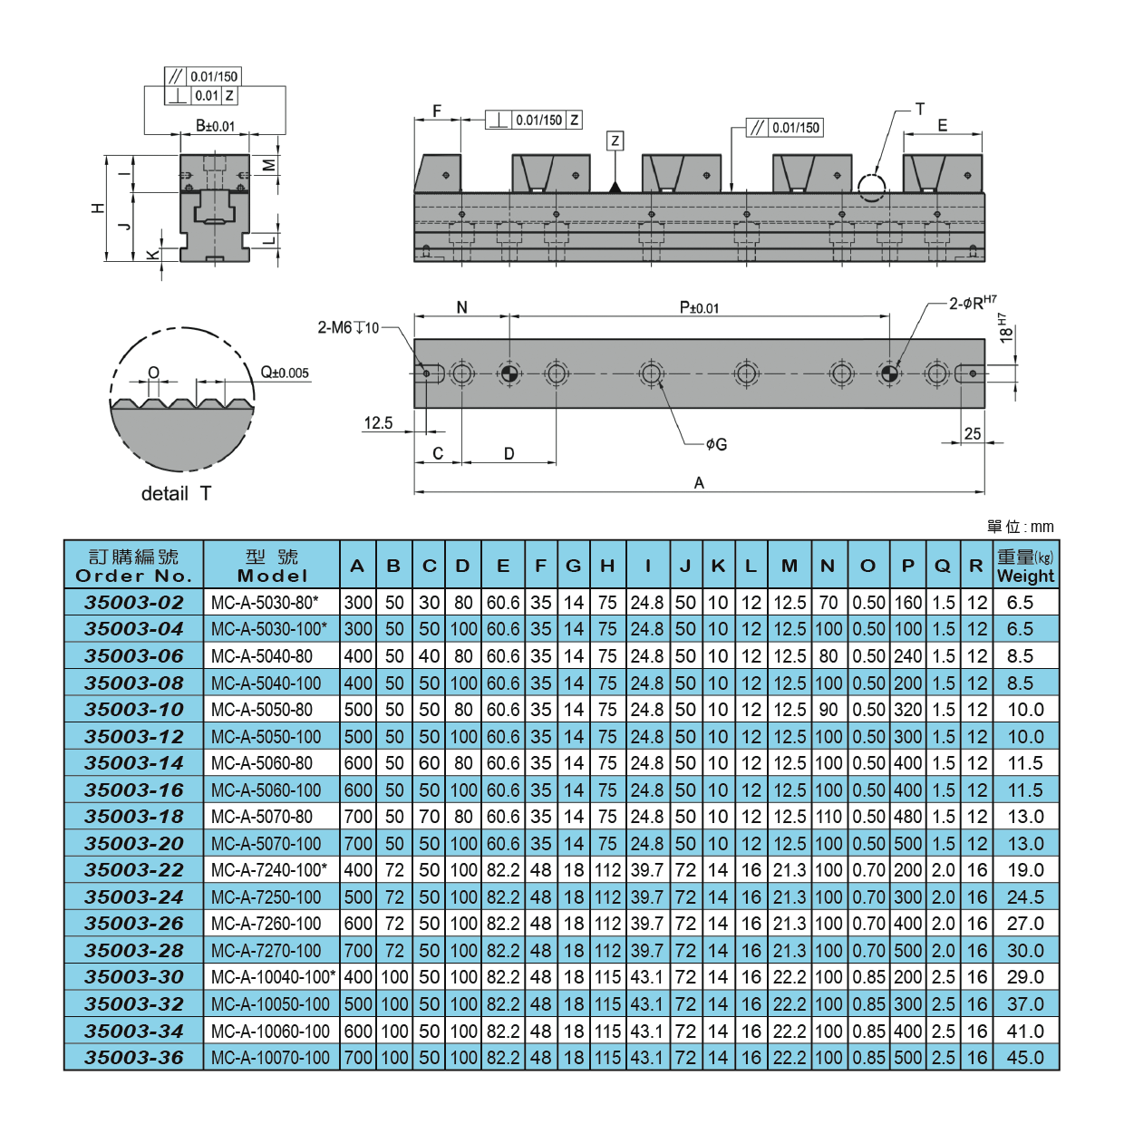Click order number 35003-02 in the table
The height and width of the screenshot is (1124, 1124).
point(134,603)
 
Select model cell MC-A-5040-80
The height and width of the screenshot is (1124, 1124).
point(262,656)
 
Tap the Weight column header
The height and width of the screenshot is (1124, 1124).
point(1025,566)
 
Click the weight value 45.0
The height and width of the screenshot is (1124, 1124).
point(1025,1058)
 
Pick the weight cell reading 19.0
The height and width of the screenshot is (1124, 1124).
point(1025,870)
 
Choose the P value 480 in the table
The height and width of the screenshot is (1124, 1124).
point(907,817)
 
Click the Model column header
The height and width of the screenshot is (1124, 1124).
point(272,566)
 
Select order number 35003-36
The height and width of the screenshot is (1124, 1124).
point(134,1058)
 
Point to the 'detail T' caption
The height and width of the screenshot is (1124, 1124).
point(177,494)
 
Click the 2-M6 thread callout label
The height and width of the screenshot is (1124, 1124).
point(348,328)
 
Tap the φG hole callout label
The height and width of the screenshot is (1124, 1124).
point(716,444)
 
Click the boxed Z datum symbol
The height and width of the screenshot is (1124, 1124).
point(615,140)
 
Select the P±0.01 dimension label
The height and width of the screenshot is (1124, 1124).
point(699,308)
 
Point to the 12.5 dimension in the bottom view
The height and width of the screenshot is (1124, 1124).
point(378,423)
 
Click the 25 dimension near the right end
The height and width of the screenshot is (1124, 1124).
point(973,434)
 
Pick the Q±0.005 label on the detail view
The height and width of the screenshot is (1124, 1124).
point(285,373)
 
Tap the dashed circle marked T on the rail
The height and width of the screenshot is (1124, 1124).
point(871,187)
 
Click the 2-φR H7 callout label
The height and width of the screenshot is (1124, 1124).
point(972,303)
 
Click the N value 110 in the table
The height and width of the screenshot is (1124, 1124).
point(828,817)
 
